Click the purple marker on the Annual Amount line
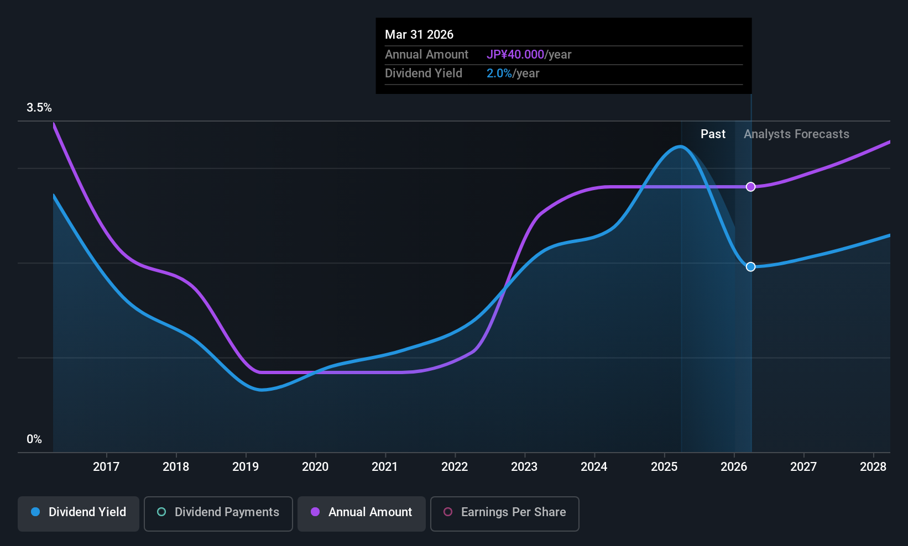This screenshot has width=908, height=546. [x=751, y=187]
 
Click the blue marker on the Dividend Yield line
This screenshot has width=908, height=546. [x=751, y=266]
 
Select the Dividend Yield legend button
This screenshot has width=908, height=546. [x=78, y=513]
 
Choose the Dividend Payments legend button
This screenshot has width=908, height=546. [x=218, y=513]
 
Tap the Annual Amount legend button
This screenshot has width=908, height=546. [x=362, y=513]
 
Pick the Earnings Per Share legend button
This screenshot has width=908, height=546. [x=505, y=513]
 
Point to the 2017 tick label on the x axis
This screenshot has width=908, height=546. [x=106, y=466]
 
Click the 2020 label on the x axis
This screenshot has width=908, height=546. [x=315, y=466]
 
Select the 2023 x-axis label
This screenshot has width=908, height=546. [x=525, y=466]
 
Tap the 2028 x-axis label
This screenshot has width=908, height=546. [x=873, y=466]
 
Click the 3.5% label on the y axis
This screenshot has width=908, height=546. [x=39, y=108]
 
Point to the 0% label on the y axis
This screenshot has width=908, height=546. [x=34, y=439]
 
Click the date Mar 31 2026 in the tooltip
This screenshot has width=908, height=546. [x=419, y=34]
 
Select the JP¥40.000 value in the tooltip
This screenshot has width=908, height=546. [x=515, y=54]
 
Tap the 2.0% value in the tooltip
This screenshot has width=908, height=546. [x=499, y=73]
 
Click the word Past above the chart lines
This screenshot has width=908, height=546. [x=713, y=134]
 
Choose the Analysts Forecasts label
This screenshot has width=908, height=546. [x=796, y=134]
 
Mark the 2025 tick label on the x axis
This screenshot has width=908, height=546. [x=664, y=466]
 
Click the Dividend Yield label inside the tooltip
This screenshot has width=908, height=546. [x=424, y=73]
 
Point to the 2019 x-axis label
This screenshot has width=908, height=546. [x=246, y=466]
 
